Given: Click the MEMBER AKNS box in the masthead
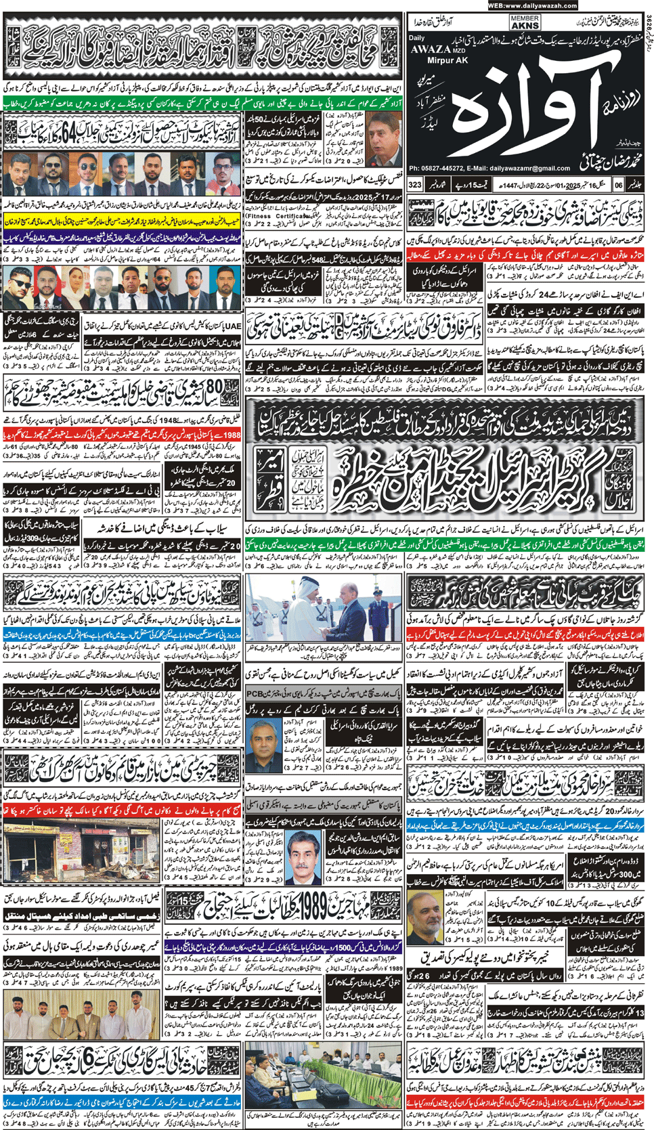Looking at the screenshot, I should pos(525,23).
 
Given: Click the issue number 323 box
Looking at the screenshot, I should pos(415,185).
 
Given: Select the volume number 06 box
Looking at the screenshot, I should pos(618,185).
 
